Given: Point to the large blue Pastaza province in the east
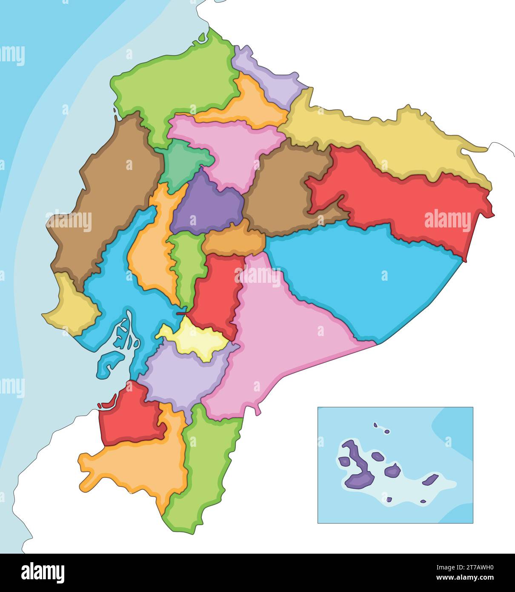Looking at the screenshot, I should coord(362,273).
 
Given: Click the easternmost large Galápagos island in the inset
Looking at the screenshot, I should coord(430,480).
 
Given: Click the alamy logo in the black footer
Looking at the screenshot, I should coord(43,573).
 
